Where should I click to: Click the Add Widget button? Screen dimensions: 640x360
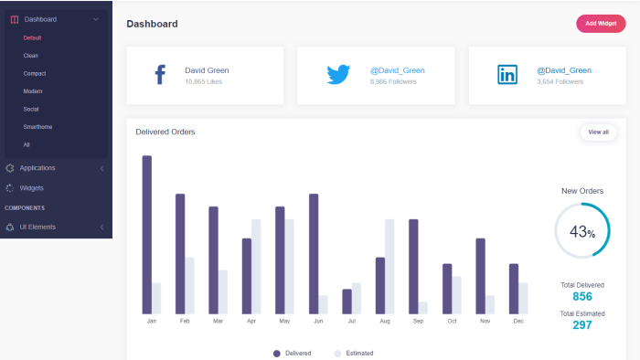[x=601, y=24]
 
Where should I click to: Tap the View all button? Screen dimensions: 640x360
[x=598, y=132]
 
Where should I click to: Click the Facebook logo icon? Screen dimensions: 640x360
[x=160, y=75]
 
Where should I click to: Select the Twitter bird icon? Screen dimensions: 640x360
[x=338, y=74]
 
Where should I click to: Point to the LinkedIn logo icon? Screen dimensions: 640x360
[x=507, y=75]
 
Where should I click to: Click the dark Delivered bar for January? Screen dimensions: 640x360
[x=147, y=235]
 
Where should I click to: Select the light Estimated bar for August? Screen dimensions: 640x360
[x=389, y=267]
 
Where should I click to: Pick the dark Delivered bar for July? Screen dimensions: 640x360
[x=347, y=302]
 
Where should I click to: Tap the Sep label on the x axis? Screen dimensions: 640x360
[x=418, y=322]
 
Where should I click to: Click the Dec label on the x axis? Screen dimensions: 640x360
[x=518, y=322]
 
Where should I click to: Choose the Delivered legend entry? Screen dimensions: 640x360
[x=293, y=354]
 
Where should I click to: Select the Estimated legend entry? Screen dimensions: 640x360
[x=354, y=354]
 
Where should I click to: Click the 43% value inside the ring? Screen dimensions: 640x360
[x=582, y=231]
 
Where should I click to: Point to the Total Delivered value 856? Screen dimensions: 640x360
[x=582, y=296]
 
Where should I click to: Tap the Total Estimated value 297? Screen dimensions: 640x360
[x=582, y=325]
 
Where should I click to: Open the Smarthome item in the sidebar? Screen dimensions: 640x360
[x=37, y=127]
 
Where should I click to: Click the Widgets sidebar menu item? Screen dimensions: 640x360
[x=31, y=188]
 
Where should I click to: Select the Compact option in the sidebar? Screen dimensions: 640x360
[x=35, y=73]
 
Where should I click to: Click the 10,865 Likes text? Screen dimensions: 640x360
[x=203, y=81]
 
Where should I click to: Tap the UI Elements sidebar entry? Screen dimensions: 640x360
[x=37, y=228]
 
